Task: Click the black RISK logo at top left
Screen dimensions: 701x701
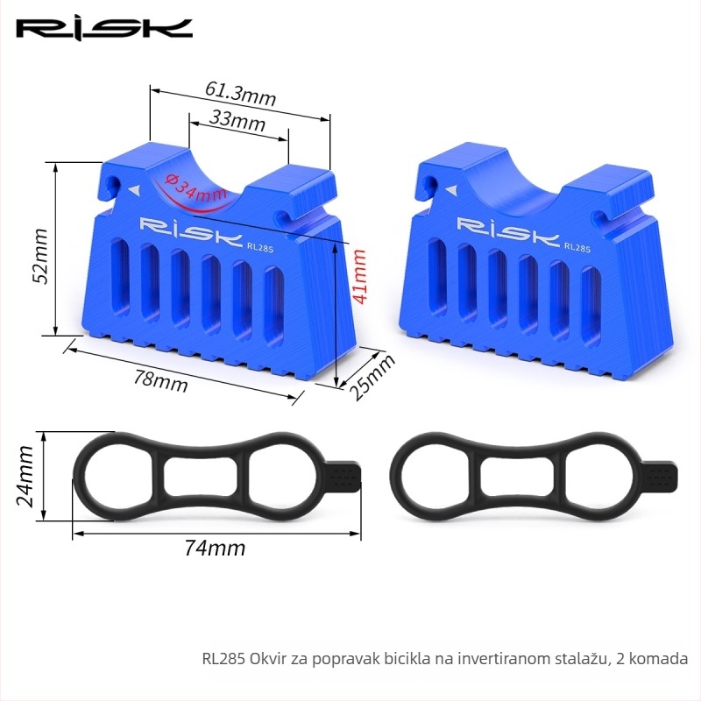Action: pyautogui.click(x=104, y=30)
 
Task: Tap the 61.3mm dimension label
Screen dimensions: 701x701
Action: pyautogui.click(x=240, y=94)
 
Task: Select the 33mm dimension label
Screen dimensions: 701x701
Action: pyautogui.click(x=237, y=120)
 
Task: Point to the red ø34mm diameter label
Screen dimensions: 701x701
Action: pyautogui.click(x=195, y=188)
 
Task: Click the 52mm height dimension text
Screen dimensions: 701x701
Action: pyautogui.click(x=40, y=256)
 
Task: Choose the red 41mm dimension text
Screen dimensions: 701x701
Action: pyautogui.click(x=359, y=276)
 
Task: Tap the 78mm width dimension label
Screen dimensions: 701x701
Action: pyautogui.click(x=161, y=381)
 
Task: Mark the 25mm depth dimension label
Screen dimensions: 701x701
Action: pyautogui.click(x=372, y=377)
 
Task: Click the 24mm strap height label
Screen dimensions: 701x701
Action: pyautogui.click(x=25, y=476)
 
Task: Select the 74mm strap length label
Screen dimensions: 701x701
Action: pyautogui.click(x=215, y=549)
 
